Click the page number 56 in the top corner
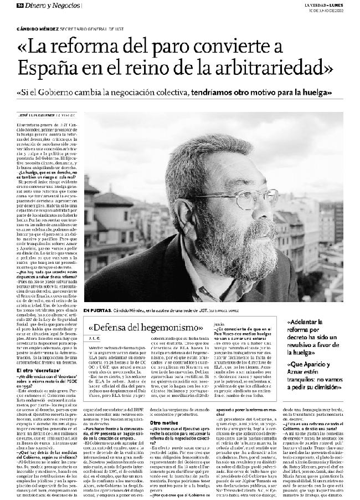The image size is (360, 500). pos(20,5)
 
